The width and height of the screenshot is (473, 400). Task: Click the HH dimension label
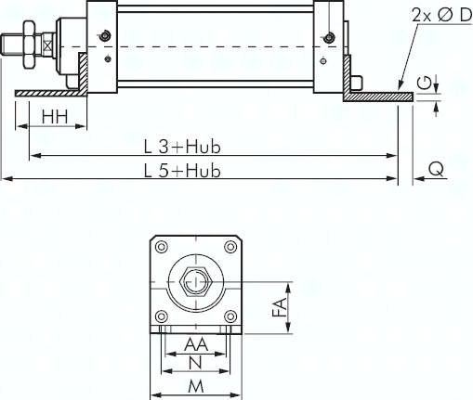tap(55, 117)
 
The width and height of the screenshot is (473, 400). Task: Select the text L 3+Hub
tap(182, 147)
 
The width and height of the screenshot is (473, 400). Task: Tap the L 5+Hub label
tap(182, 171)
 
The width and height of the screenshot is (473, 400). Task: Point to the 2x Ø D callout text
tap(441, 15)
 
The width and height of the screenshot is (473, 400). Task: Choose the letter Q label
tap(436, 169)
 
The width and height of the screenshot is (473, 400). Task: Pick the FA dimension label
tap(280, 307)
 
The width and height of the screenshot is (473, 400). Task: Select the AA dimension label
tap(196, 344)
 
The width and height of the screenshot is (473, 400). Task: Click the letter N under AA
tap(195, 363)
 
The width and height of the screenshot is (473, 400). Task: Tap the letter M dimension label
tap(196, 387)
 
